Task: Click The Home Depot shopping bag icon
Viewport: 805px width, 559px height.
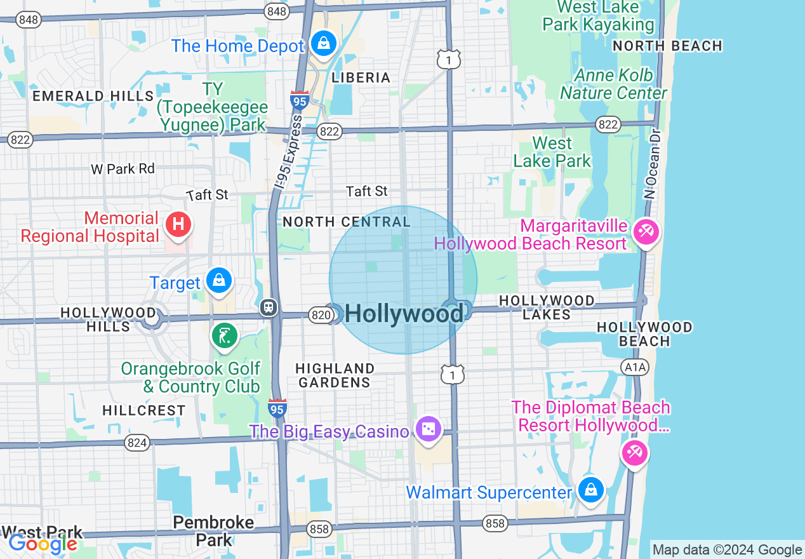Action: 324,44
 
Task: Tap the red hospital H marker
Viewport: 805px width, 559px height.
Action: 179,225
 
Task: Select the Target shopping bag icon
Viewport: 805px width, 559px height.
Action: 219,280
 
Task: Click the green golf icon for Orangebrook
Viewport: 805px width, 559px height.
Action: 223,336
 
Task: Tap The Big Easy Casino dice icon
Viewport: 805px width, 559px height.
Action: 428,429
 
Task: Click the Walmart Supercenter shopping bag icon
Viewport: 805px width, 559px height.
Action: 591,490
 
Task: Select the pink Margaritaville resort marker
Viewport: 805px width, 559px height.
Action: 646,231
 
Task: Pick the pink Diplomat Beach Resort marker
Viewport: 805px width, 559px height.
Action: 634,453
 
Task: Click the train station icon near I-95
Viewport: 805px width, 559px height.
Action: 269,307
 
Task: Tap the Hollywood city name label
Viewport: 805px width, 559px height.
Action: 404,314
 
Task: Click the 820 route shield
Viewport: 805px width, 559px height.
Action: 321,314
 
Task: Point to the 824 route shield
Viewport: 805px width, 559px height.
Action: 136,443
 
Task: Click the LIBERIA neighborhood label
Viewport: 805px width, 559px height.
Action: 361,77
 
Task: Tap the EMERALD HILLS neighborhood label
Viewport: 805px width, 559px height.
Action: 93,96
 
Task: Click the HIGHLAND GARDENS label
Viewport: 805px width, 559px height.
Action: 335,375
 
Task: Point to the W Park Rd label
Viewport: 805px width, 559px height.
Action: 123,169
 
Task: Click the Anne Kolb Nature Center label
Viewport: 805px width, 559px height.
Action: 613,84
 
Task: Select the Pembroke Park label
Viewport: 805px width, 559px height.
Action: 213,531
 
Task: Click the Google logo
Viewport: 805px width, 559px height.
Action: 43,543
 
